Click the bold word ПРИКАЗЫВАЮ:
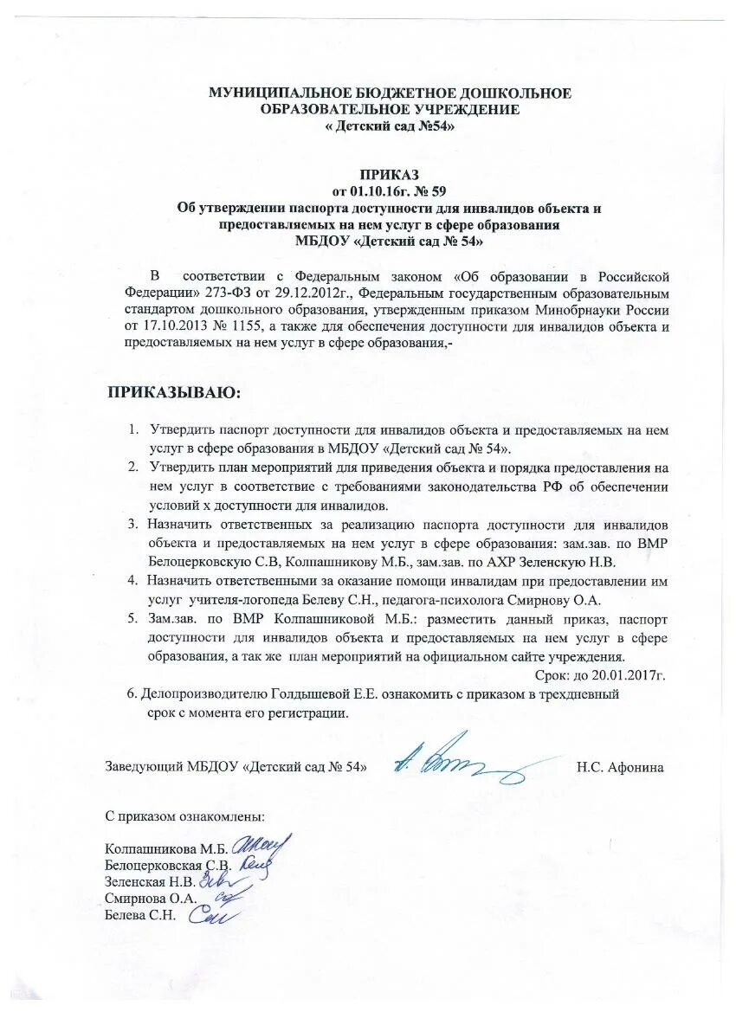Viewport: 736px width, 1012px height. point(175,392)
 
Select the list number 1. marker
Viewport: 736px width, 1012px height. point(135,429)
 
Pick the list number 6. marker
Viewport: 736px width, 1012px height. point(132,694)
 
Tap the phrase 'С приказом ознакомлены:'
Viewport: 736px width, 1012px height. point(184,815)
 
